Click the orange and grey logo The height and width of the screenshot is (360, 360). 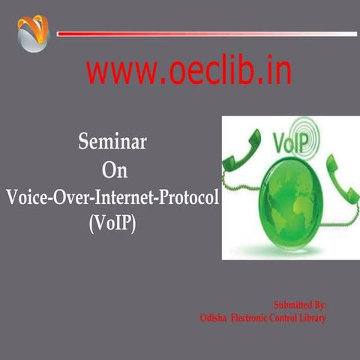tap(32, 34)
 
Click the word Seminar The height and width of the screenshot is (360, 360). tap(112, 142)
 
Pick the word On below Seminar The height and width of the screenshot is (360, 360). tap(114, 170)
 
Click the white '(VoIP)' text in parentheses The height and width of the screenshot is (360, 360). tap(112, 223)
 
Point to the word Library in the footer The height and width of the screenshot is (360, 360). tap(312, 318)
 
